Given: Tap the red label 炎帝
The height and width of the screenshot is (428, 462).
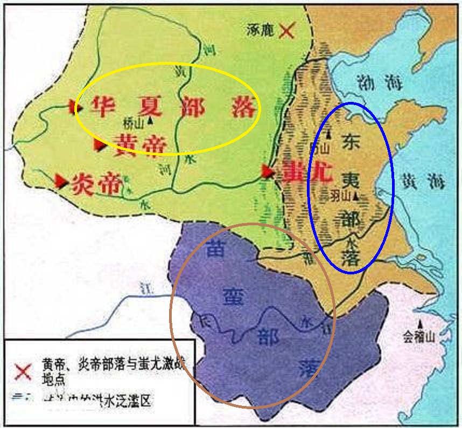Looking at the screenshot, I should (x=95, y=184).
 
